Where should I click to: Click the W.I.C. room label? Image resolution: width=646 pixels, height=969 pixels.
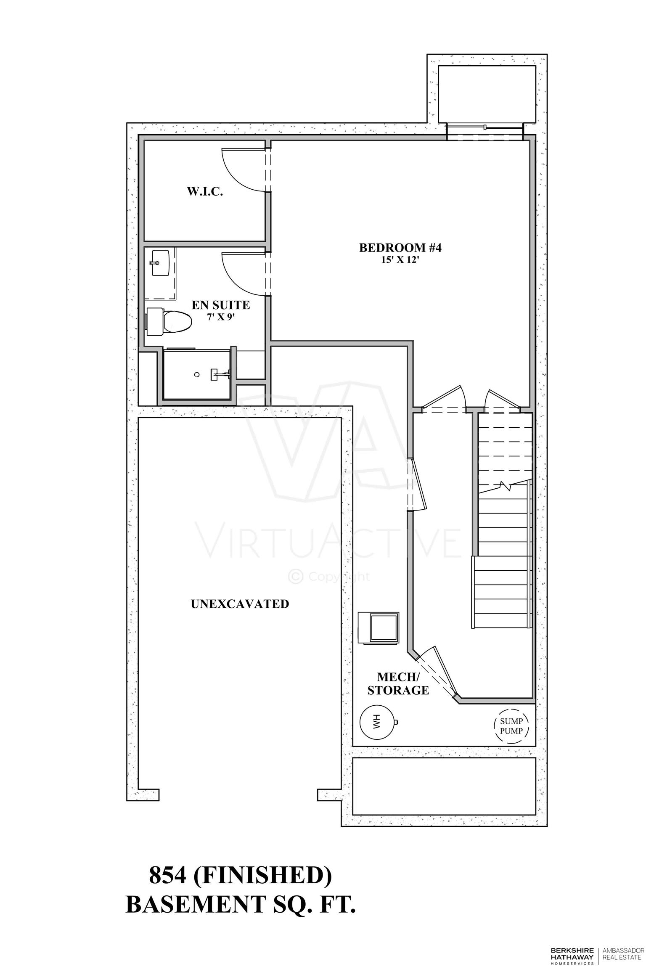click(205, 192)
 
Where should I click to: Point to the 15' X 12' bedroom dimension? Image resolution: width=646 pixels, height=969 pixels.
click(400, 260)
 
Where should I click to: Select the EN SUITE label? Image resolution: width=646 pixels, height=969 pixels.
click(221, 305)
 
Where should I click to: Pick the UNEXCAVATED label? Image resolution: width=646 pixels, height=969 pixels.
click(240, 604)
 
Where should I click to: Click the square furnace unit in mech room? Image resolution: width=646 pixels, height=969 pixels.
click(379, 628)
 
